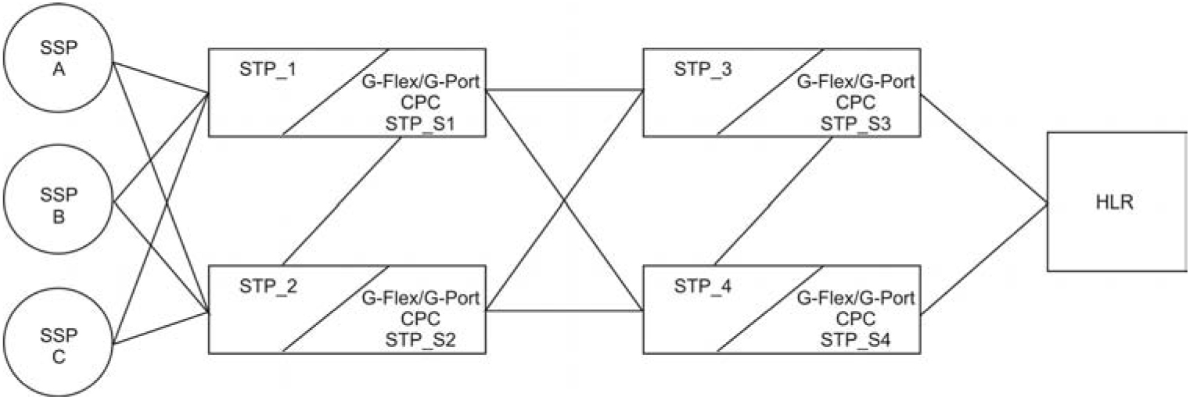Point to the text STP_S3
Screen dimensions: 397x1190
(x=856, y=122)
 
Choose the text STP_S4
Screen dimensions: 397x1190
(x=856, y=338)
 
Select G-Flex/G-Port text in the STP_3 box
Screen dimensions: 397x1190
(x=856, y=82)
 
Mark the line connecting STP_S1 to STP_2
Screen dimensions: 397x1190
(x=342, y=201)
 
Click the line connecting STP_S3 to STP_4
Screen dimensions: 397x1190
(x=774, y=201)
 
